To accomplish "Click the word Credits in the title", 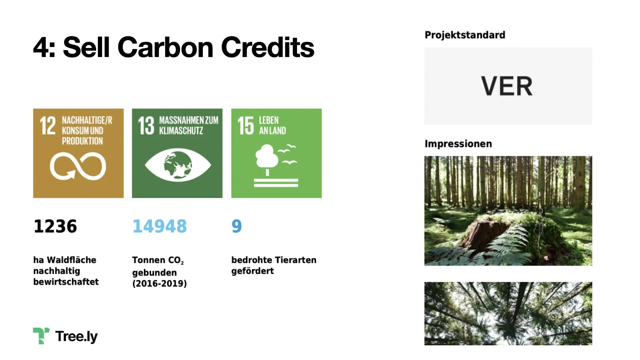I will coord(267,47).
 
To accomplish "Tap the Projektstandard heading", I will coord(465,35).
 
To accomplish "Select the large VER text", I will coord(507,86).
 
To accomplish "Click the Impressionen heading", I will coord(458,144).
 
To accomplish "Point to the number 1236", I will coord(55,226).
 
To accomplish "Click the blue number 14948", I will coord(160,226).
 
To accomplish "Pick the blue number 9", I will coord(236,226).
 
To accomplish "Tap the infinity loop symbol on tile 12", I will coord(78,166).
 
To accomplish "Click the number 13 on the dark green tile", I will coord(146,126).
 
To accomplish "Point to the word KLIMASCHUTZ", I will coord(181,131).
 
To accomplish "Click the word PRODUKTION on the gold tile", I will coord(82,141).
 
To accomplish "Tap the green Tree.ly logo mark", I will coord(41,335).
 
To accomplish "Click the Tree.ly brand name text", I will coord(77,336).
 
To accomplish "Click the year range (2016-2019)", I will coord(159,284).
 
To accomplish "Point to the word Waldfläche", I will coord(71,260).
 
